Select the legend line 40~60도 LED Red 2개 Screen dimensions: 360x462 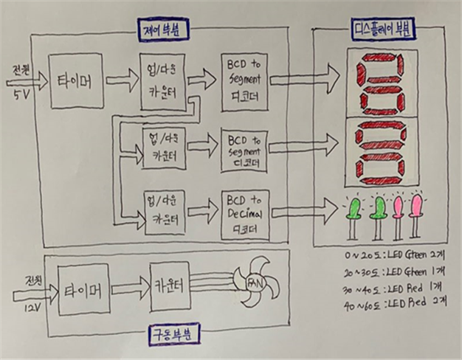(x=390, y=302)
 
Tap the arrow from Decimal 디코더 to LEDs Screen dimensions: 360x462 (x=305, y=212)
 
